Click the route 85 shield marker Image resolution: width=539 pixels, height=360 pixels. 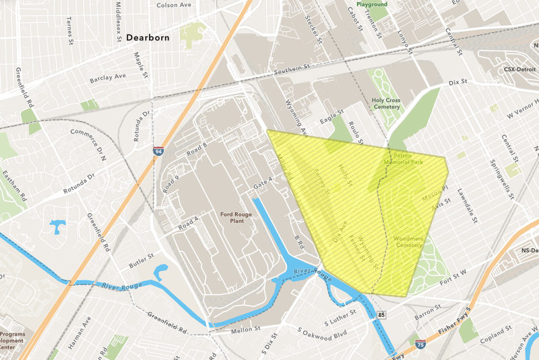tap(382, 315)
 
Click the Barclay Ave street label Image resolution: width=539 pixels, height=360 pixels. tap(108, 78)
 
